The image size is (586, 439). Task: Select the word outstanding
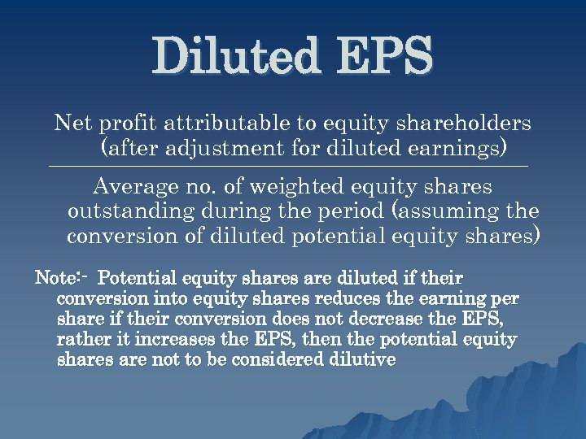130,212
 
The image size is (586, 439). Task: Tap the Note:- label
62,278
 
